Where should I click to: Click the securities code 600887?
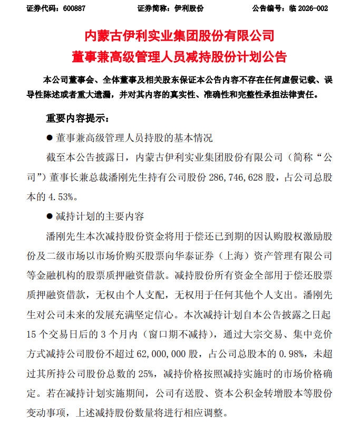click(74, 8)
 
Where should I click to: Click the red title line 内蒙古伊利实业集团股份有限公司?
click(180, 37)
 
